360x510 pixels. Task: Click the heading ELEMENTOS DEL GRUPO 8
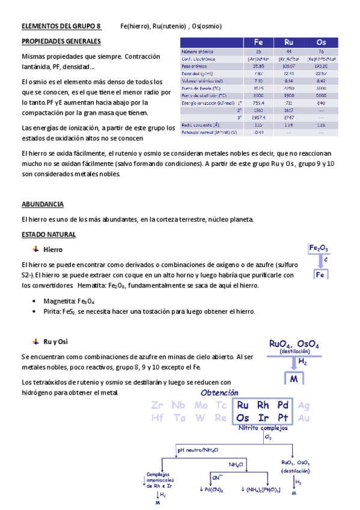point(61,26)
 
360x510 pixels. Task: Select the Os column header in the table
point(321,42)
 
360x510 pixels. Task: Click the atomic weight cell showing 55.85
point(258,66)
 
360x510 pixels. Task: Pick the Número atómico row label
point(199,52)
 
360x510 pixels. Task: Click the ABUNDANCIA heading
point(42,204)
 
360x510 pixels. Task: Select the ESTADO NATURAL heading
point(48,234)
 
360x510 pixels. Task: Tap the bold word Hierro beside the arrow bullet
point(53,249)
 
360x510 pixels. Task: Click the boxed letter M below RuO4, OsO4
point(294,380)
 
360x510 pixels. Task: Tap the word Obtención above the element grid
point(220,393)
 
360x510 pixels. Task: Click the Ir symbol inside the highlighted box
point(263,417)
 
